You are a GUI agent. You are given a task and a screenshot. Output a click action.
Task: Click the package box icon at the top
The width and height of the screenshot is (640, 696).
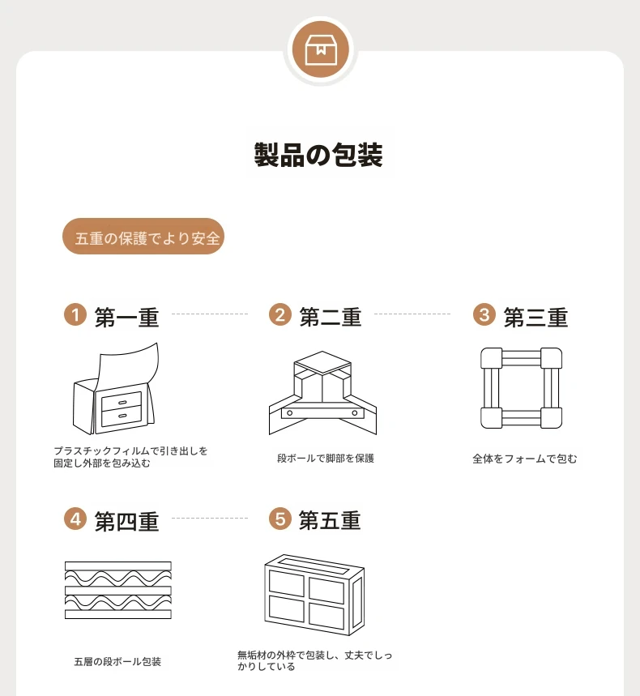click(x=321, y=49)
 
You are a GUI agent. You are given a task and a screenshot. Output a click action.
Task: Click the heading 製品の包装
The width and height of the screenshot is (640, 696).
click(x=318, y=156)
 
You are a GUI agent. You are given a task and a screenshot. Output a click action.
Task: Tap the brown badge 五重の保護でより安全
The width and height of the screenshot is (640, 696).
click(x=143, y=236)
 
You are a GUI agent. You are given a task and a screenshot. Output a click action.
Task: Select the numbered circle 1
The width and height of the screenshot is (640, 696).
click(x=75, y=314)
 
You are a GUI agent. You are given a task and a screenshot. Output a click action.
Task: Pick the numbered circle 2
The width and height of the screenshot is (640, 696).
click(x=280, y=314)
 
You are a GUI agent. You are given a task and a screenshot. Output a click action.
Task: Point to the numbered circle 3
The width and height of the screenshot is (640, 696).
click(x=484, y=314)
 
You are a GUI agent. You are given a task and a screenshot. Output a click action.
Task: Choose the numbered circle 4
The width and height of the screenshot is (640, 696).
click(x=75, y=519)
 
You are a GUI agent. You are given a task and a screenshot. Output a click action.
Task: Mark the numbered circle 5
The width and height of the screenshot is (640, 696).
click(x=280, y=519)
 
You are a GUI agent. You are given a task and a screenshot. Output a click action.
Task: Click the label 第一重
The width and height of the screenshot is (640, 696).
click(x=127, y=318)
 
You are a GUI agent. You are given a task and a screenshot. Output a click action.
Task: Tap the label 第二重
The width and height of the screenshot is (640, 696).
click(x=331, y=317)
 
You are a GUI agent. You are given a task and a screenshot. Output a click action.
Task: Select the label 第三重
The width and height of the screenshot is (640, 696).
click(x=535, y=318)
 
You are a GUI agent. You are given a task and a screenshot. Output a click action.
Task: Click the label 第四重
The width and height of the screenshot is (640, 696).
click(x=127, y=522)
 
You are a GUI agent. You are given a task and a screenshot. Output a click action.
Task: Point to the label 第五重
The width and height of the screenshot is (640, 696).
click(x=330, y=520)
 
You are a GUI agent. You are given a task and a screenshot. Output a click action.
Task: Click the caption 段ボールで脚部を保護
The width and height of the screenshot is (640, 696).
click(x=326, y=458)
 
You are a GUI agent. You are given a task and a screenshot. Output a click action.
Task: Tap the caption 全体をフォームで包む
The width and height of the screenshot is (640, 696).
click(x=525, y=459)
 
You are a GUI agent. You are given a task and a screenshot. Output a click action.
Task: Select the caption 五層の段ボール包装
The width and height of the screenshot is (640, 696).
click(x=117, y=662)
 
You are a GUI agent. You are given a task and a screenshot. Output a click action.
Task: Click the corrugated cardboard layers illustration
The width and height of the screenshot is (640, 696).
click(x=118, y=591)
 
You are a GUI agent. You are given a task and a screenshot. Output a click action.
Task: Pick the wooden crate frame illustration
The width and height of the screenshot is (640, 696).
click(x=314, y=595)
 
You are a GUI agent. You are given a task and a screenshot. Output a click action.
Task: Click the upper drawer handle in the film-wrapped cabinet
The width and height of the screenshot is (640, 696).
click(x=122, y=403)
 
